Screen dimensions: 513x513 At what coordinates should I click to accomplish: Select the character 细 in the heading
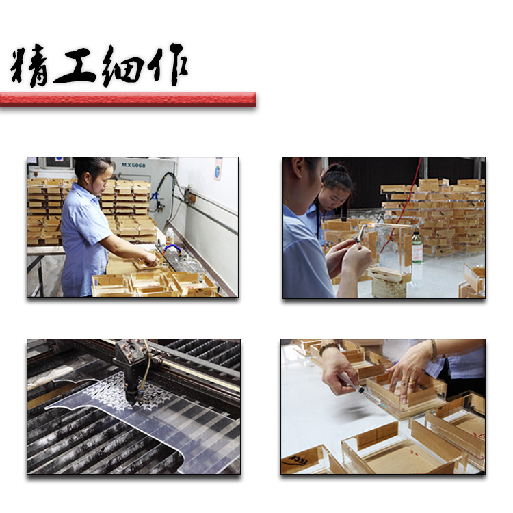pyautogui.click(x=123, y=66)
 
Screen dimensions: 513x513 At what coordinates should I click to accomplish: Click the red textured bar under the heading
pyautogui.click(x=128, y=99)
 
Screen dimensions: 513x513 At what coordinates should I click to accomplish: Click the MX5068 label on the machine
pyautogui.click(x=133, y=165)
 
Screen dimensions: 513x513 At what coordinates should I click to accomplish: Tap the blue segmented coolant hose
pyautogui.click(x=172, y=249)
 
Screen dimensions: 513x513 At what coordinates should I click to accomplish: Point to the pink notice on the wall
pyautogui.click(x=218, y=169)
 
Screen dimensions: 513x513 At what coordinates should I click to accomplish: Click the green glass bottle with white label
pyautogui.click(x=417, y=248)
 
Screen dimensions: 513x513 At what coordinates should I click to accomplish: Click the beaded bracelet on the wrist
pyautogui.click(x=328, y=347)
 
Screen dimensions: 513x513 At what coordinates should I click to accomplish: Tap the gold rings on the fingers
pyautogui.click(x=411, y=382)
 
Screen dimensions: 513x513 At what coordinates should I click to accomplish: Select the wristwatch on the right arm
pyautogui.click(x=434, y=350)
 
